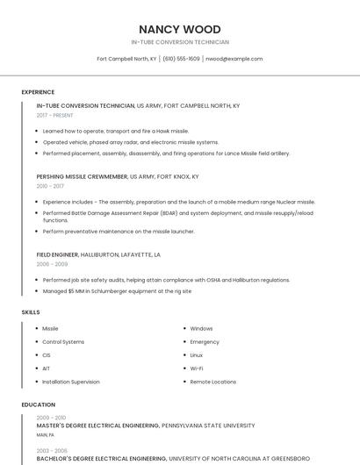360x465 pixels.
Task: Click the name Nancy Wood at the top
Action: [179, 29]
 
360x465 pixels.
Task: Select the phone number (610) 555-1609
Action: [181, 59]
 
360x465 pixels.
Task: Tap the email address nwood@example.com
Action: [234, 59]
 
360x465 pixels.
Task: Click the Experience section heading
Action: [38, 92]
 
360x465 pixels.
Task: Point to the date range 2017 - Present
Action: [55, 115]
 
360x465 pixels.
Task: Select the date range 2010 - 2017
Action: [50, 186]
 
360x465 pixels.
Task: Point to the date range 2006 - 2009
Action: [52, 264]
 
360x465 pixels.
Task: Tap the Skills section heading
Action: [31, 311]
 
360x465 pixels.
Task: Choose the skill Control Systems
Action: [63, 341]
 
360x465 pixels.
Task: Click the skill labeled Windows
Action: [201, 328]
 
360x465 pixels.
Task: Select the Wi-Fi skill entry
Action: [197, 368]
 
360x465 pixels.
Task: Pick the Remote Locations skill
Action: [212, 382]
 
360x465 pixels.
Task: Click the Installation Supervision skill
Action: [71, 382]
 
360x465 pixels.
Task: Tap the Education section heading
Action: [38, 404]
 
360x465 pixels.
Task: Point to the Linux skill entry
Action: [197, 354]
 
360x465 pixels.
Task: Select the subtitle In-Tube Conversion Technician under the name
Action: [179, 42]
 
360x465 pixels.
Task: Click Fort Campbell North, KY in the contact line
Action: [126, 59]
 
